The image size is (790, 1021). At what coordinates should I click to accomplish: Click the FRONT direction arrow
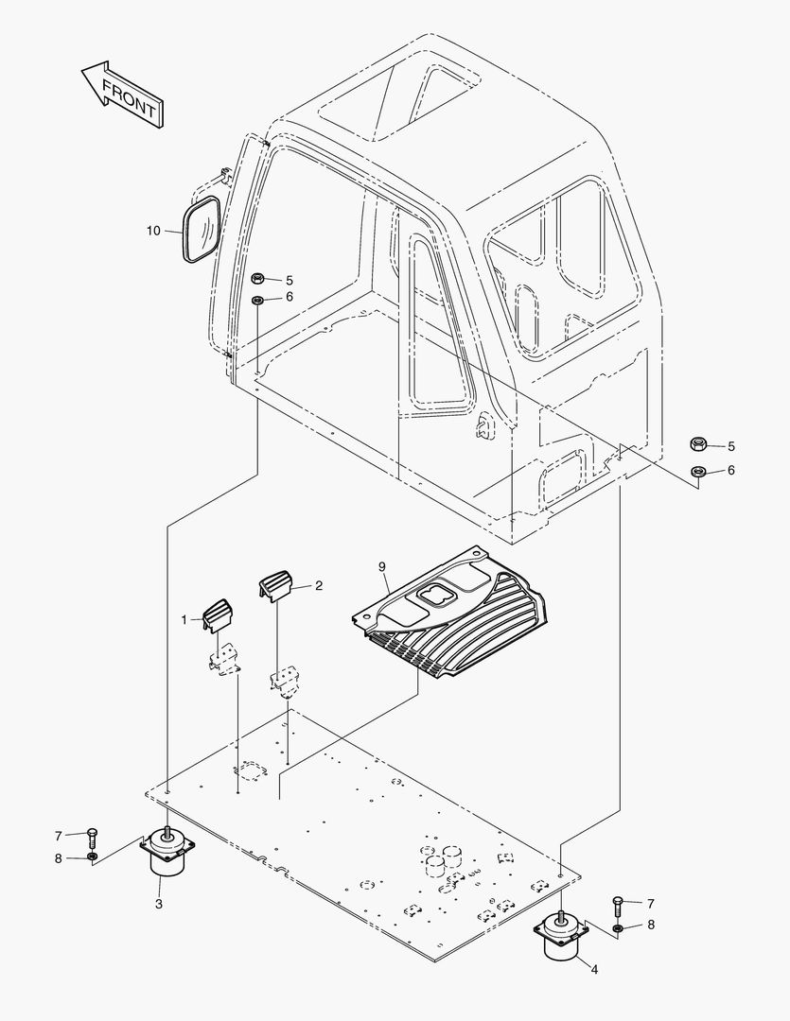pyautogui.click(x=122, y=95)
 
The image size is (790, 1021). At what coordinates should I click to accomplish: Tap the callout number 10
pyautogui.click(x=153, y=231)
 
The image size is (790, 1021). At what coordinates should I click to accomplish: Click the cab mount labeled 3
pyautogui.click(x=167, y=851)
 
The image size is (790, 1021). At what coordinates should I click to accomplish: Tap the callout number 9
pyautogui.click(x=382, y=566)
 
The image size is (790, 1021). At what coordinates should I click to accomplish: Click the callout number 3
pyautogui.click(x=159, y=904)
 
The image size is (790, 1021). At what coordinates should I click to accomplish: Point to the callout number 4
pyautogui.click(x=594, y=969)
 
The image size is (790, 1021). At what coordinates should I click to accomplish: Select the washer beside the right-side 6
pyautogui.click(x=698, y=470)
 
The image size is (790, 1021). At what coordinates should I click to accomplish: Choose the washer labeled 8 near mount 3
pyautogui.click(x=93, y=857)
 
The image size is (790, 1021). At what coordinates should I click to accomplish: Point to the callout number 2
pyautogui.click(x=319, y=585)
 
